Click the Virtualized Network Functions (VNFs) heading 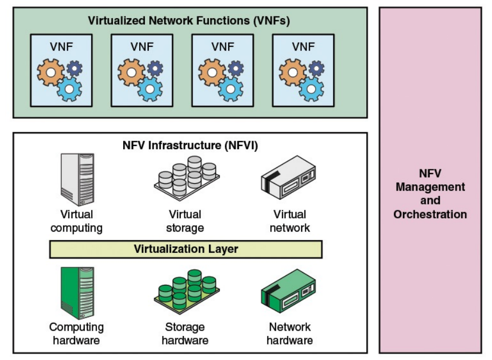(190, 22)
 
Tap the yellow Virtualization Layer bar (185, 249)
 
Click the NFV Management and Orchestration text (430, 194)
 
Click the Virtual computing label (77, 221)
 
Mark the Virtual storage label (185, 221)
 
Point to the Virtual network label (289, 221)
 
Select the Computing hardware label (77, 333)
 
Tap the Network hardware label (289, 333)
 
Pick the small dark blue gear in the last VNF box (316, 68)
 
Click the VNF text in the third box (222, 47)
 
